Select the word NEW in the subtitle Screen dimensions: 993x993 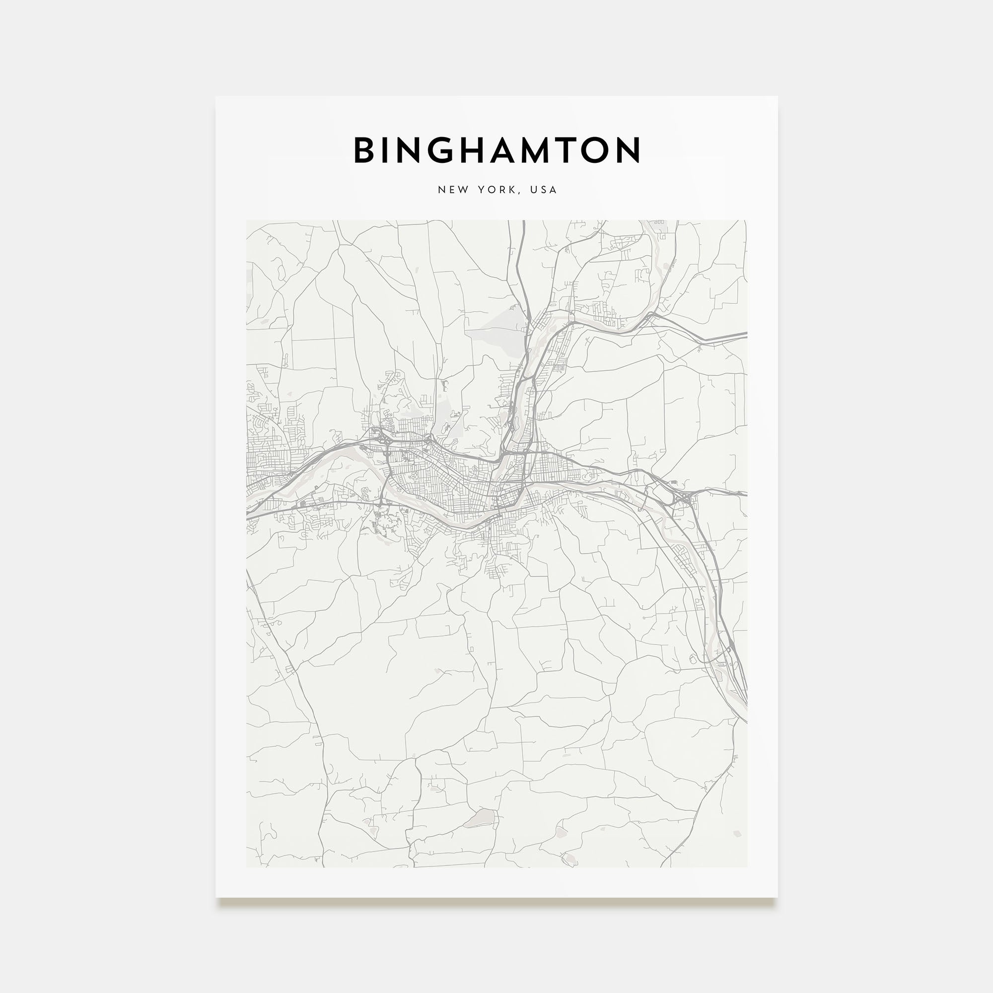point(453,190)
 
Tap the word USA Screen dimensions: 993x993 point(544,190)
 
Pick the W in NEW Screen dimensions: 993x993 point(464,190)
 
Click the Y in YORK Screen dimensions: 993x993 point(481,190)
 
